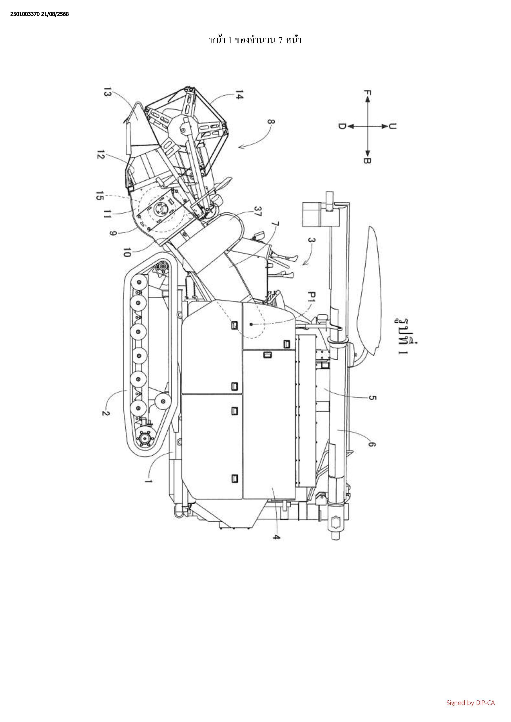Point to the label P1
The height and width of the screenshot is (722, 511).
click(x=312, y=297)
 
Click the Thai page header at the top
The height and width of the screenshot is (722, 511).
click(x=255, y=40)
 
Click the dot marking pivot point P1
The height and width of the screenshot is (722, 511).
click(x=251, y=324)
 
